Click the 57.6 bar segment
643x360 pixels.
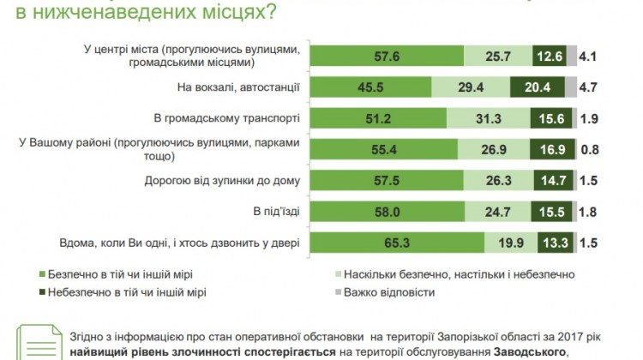(386, 56)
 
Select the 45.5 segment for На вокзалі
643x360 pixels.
(370, 87)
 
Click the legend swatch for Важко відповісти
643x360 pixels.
(335, 292)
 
